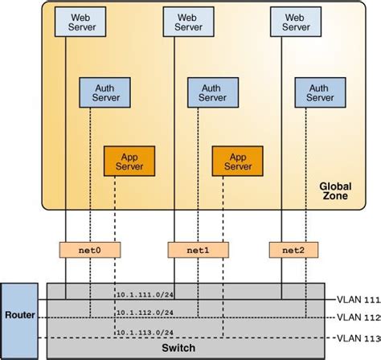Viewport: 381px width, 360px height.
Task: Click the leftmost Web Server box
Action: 79,21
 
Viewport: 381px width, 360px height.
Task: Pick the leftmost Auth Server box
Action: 104,92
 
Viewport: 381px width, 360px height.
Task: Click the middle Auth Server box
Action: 211,92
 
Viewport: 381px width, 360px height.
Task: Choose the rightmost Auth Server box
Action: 319,92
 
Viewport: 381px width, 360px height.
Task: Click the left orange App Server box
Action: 129,161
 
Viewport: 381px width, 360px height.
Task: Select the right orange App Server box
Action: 237,161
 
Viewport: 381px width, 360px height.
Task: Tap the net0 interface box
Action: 89,250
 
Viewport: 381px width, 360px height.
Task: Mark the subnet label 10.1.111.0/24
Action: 144,296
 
